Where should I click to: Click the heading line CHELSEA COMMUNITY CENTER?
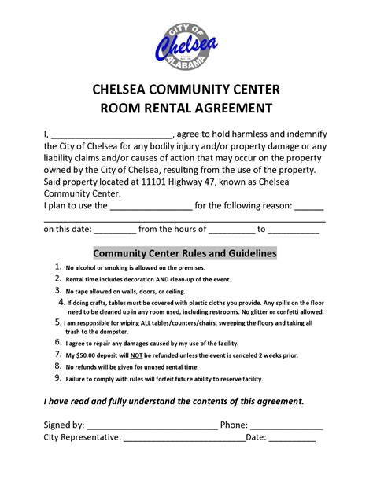pyautogui.click(x=186, y=89)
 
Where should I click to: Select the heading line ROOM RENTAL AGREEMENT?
pyautogui.click(x=186, y=107)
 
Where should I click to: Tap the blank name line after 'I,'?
pyautogui.click(x=111, y=134)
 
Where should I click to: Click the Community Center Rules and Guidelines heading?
pyautogui.click(x=185, y=254)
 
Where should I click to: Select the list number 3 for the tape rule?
pyautogui.click(x=57, y=290)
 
